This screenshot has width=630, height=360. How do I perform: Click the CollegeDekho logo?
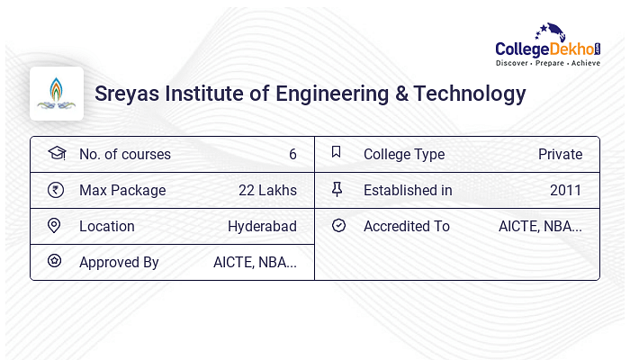pos(548,45)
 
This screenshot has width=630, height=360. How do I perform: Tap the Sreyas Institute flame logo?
pos(56,94)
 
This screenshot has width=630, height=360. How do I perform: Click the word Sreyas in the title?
pos(127,94)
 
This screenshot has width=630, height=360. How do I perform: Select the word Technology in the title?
pos(470,94)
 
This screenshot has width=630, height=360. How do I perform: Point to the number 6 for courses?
pos(292,154)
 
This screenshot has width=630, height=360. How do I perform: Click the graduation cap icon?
pos(57,153)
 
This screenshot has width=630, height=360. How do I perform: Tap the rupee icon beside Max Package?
pos(56,190)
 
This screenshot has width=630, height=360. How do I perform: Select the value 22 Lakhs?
pos(267,190)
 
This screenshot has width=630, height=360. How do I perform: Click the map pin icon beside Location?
pos(54,226)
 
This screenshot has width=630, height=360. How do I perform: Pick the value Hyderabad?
pos(263,226)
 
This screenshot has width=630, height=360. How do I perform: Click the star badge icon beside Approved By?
pos(55,261)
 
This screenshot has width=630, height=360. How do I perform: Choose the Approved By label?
pos(119,263)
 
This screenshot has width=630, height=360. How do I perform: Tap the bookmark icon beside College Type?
pos(337,152)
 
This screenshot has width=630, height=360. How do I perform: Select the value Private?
pos(560,154)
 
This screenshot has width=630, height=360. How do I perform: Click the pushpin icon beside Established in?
pos(337,189)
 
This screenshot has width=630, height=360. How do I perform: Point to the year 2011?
pos(566,190)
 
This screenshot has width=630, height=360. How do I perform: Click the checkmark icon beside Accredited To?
pos(338,225)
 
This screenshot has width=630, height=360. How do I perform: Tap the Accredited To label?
pos(407,226)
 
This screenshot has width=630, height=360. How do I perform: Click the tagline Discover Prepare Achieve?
pos(548,63)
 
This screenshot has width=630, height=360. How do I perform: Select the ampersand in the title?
pos(401,94)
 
